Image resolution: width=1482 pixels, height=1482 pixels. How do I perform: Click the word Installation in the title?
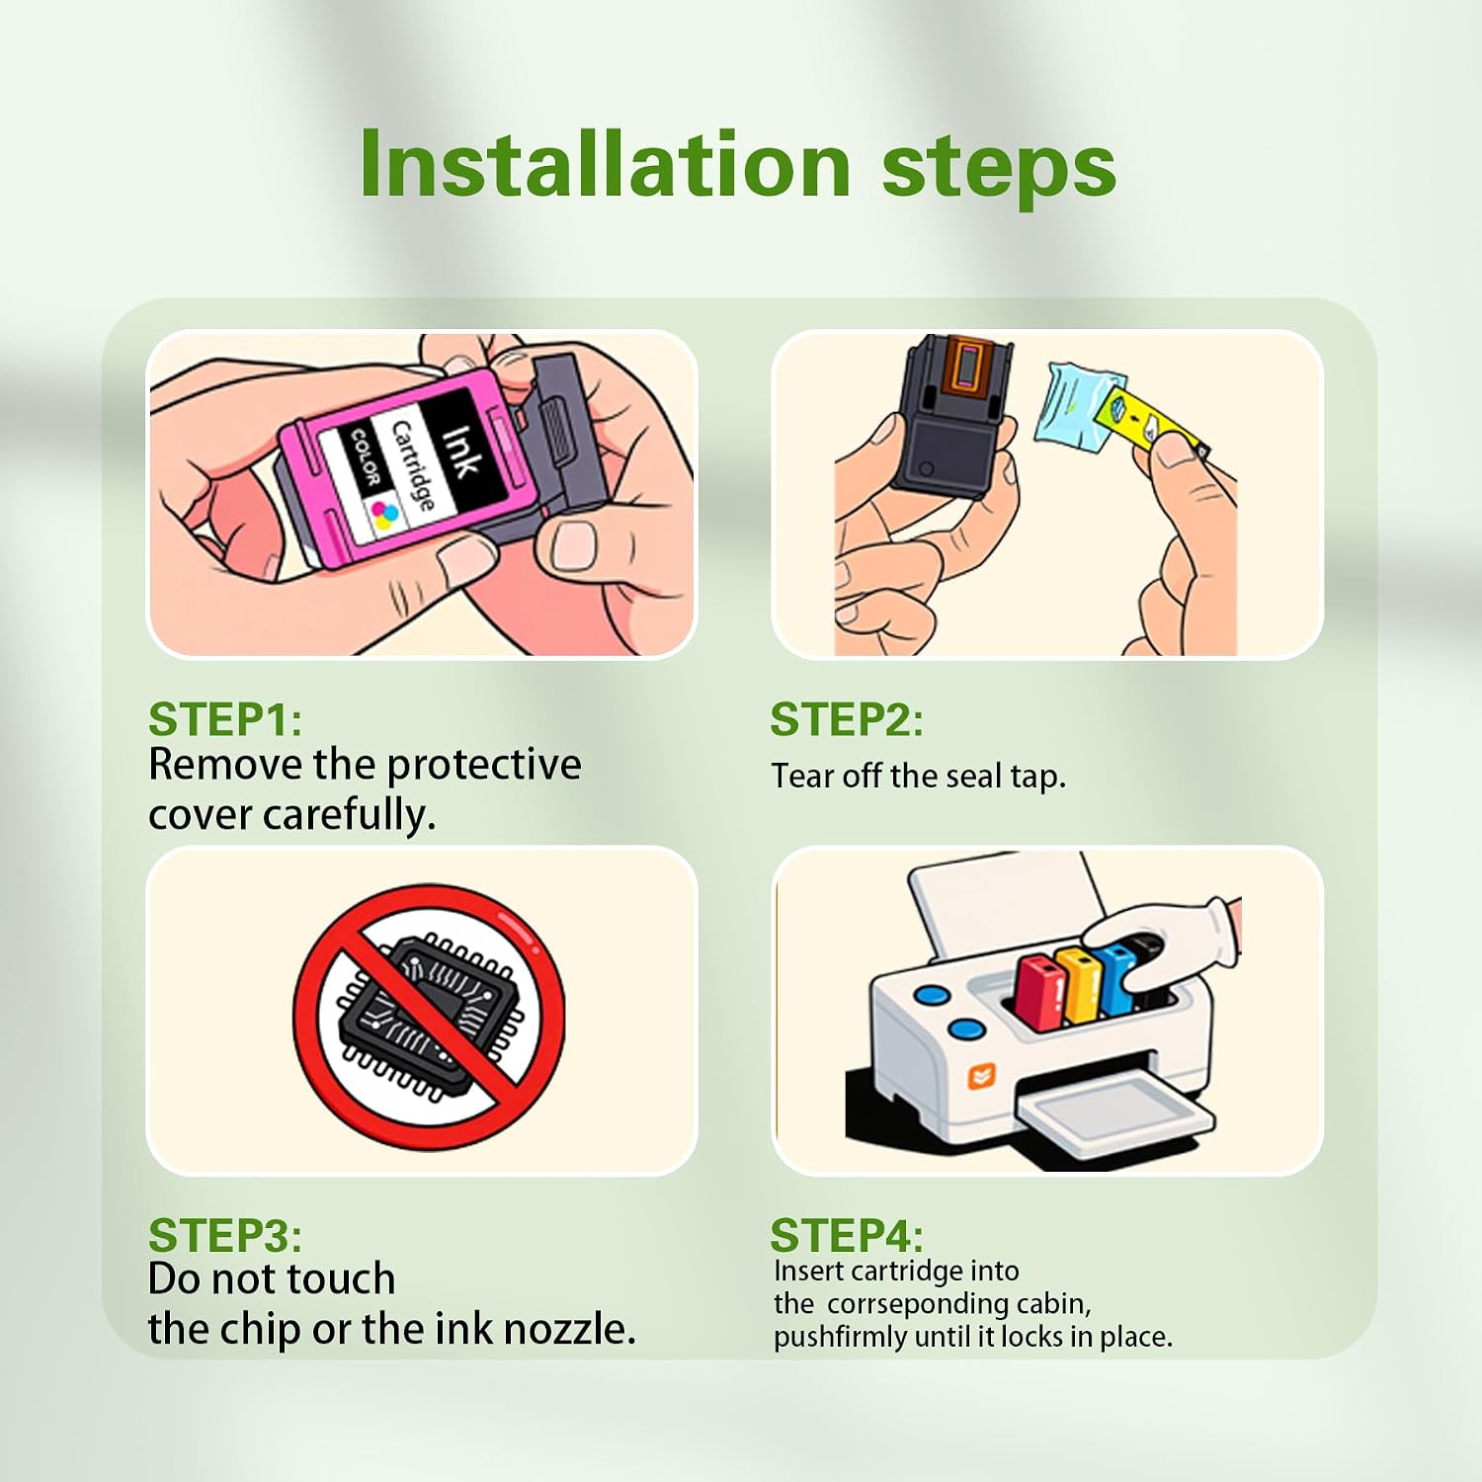605,163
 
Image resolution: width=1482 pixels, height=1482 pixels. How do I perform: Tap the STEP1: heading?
225,719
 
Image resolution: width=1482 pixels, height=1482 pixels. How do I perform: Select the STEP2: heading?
847,719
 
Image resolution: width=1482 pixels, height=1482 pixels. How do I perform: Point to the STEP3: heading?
225,1235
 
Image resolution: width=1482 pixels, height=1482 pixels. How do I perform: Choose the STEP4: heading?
847,1235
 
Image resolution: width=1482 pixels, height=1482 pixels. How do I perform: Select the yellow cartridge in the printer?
1079,983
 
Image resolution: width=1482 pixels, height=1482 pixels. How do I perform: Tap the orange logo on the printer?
981,1075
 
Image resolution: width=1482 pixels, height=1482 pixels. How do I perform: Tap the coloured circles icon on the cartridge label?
385,513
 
